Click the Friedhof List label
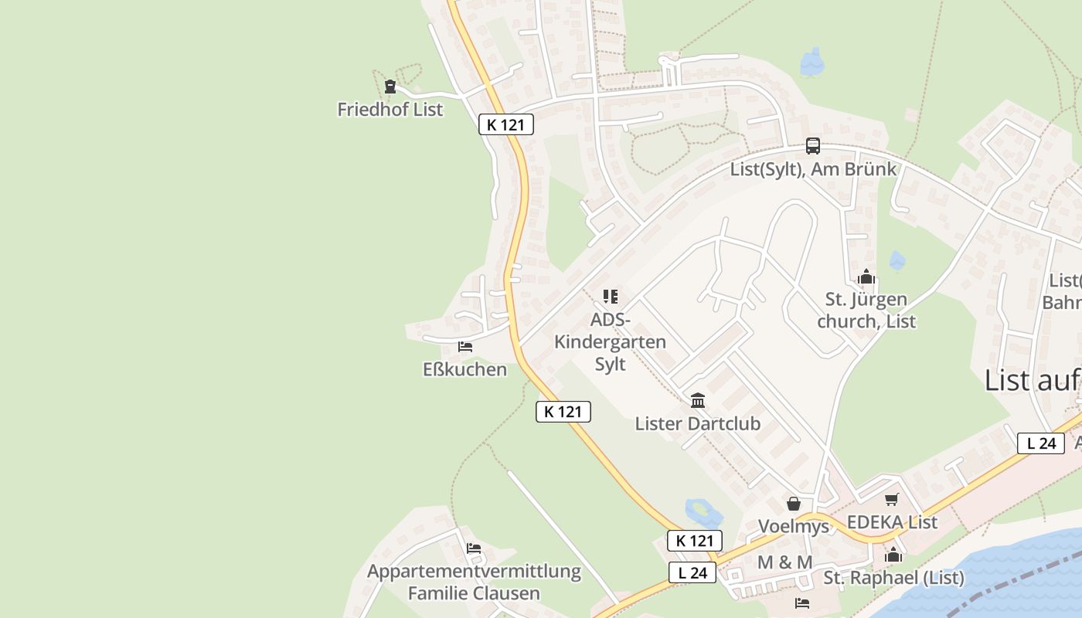(390, 110)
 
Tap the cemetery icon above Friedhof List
(390, 87)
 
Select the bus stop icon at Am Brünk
(813, 145)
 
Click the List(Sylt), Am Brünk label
(813, 169)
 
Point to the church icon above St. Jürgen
(866, 277)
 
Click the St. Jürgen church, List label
(866, 310)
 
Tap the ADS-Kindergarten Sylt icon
(611, 297)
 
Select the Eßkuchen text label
(464, 369)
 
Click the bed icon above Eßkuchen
(465, 347)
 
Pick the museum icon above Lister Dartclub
(698, 400)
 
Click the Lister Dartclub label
(698, 423)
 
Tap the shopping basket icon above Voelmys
(794, 504)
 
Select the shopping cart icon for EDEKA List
(892, 500)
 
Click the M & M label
(784, 562)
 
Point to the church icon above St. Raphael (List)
(893, 555)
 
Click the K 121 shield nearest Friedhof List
(506, 124)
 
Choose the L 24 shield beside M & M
(692, 572)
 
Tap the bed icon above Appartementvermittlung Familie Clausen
(474, 548)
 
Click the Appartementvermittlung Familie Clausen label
(474, 582)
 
